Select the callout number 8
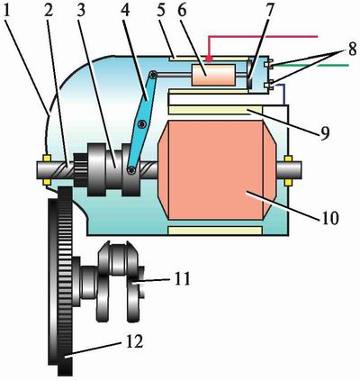[352, 50]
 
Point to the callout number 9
[324, 132]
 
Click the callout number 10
[330, 218]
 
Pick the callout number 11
[183, 278]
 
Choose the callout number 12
[135, 341]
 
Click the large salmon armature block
[217, 170]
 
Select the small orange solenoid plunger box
[213, 75]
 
